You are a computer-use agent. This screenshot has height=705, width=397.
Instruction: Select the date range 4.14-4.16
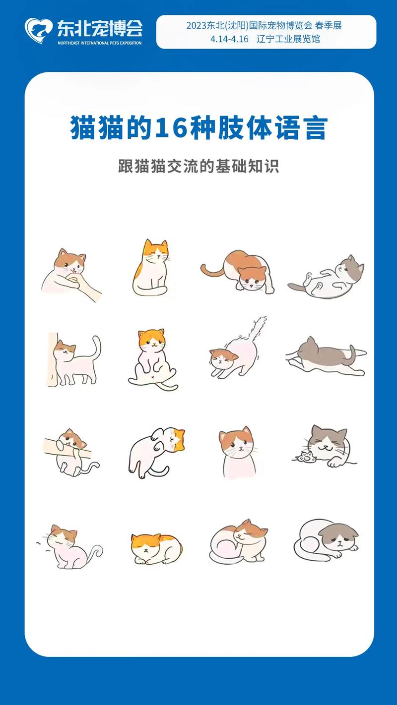229,39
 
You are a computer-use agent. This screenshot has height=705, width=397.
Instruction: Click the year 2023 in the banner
197,26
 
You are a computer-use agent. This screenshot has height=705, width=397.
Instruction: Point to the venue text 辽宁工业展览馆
288,39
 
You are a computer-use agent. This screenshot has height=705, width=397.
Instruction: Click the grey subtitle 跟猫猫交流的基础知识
198,166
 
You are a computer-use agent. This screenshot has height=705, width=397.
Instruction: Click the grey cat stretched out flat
325,355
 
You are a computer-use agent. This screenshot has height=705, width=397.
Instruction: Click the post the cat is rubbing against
53,359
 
